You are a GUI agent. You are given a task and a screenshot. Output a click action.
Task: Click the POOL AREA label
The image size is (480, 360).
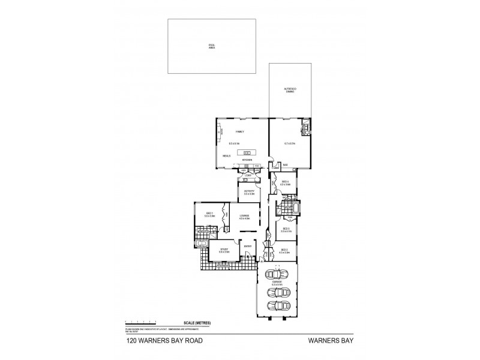[211, 46]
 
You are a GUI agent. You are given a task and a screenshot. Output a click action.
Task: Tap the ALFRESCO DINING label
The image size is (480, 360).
[290, 90]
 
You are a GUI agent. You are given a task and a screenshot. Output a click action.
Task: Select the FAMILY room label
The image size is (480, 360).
[240, 131]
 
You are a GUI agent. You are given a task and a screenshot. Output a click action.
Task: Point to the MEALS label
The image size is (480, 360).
[227, 155]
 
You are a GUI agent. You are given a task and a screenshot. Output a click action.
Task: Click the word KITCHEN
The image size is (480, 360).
[246, 161]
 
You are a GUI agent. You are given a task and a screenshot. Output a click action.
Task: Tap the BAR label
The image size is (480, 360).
[286, 165]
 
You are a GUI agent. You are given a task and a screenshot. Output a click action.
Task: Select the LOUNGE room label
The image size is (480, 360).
[244, 217]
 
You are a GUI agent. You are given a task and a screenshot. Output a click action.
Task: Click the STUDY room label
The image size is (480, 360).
[224, 250]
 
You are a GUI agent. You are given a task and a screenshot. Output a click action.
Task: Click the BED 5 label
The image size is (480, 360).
[286, 229]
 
